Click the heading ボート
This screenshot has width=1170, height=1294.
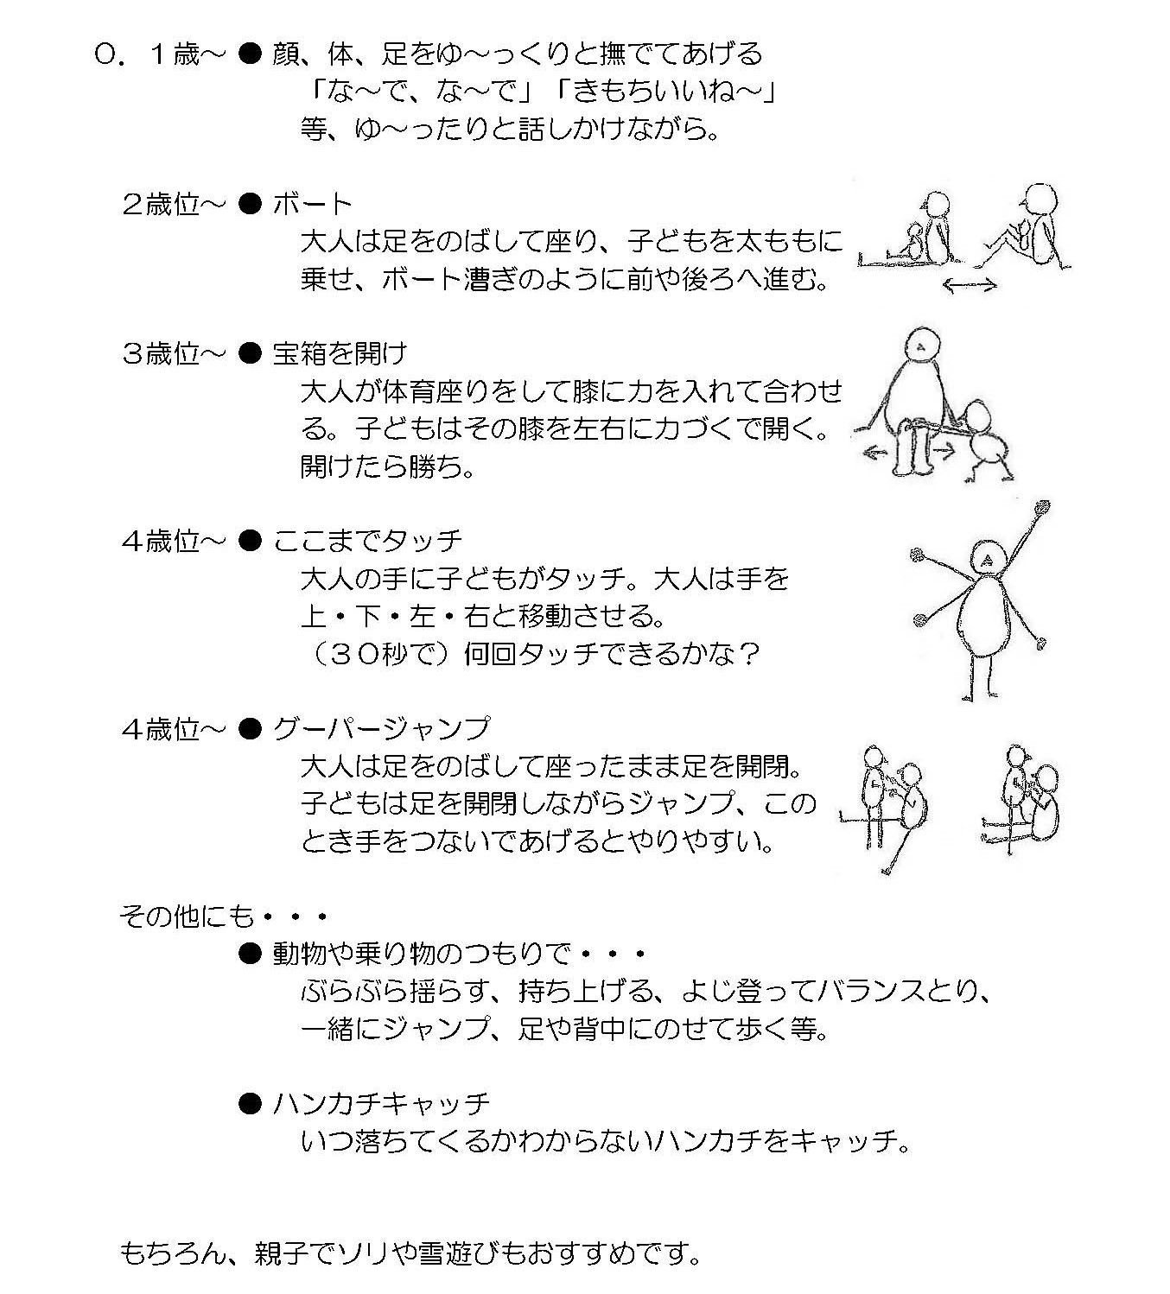coord(312,205)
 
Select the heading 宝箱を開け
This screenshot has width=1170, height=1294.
coord(340,353)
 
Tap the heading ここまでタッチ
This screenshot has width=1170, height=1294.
coord(368,541)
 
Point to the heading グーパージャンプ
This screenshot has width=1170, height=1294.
coord(382,728)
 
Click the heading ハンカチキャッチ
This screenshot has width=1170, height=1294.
coord(382,1104)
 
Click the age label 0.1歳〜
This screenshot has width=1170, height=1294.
coord(161,54)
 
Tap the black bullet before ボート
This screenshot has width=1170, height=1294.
coord(250,205)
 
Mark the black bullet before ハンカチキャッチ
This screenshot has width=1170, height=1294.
coord(250,1104)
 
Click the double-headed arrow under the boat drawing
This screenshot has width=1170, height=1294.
coord(970,284)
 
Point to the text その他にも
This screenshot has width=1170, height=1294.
coord(188,916)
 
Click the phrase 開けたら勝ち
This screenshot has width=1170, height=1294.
coord(381,466)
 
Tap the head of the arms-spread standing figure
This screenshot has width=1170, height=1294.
coord(987,559)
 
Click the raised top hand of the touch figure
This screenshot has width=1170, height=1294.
coord(1041,508)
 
